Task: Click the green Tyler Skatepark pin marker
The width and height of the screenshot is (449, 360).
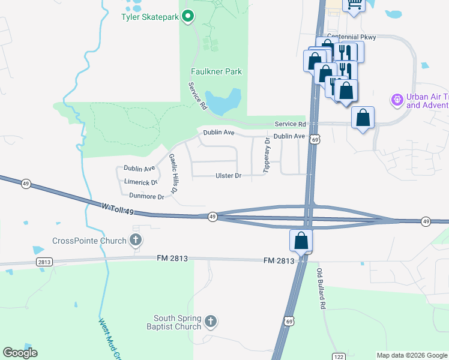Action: pos(188,16)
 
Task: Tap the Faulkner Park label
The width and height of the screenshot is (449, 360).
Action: pos(216,71)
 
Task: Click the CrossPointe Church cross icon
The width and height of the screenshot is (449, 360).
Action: pos(136,241)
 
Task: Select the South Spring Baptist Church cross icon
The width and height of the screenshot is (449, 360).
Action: pos(210,322)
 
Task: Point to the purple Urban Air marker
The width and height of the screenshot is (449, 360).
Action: pos(396,98)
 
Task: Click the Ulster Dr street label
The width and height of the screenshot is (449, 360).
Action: pos(228,176)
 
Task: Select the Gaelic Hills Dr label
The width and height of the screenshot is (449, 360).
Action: pos(173,173)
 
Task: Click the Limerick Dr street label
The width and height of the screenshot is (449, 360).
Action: pos(140,182)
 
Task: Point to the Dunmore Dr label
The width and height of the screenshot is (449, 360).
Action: pos(146,196)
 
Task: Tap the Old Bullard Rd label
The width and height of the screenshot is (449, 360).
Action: pos(322,289)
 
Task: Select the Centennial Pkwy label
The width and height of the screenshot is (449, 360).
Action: pos(351,37)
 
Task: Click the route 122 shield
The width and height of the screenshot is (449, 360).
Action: pos(339,356)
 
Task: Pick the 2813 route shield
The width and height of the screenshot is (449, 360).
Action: pos(44,262)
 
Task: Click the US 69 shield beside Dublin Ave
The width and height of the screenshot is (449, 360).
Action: pos(315,139)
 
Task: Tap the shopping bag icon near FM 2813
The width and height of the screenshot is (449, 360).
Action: pos(301,241)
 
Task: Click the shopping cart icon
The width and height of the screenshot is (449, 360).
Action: pos(354,5)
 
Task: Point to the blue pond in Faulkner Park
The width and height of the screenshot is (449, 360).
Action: pos(223,103)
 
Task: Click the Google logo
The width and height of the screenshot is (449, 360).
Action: pos(20,353)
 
